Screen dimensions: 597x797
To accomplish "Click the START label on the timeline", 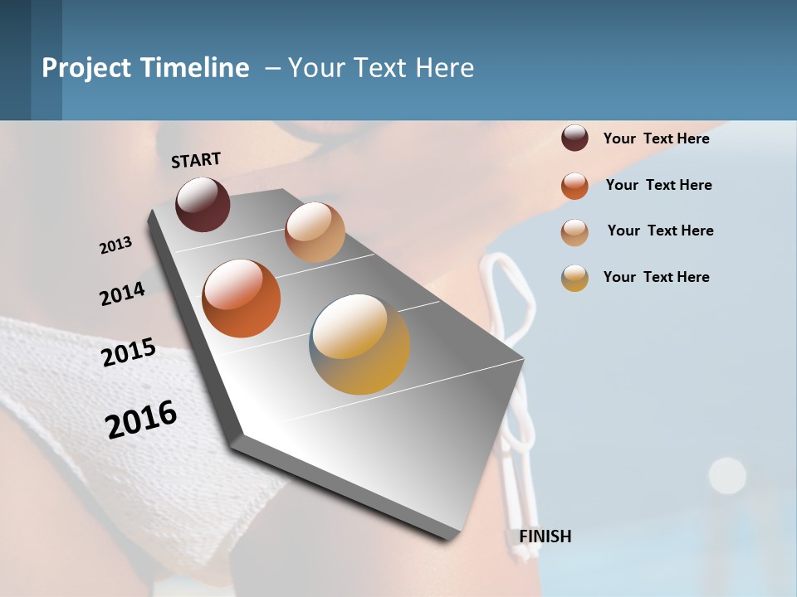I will (196, 160).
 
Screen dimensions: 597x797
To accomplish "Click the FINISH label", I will (545, 536).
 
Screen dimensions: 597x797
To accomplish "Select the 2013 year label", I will (115, 245).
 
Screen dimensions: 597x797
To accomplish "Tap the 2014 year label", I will (122, 294).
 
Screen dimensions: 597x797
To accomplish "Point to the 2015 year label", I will (129, 352).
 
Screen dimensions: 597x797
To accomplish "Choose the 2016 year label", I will (141, 420).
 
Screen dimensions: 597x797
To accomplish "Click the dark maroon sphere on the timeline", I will (203, 204).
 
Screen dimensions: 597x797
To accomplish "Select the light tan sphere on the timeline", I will (315, 232).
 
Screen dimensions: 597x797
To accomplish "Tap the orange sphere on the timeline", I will (241, 298).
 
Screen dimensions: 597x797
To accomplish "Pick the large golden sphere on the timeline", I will (359, 344).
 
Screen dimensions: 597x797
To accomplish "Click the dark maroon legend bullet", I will (575, 138).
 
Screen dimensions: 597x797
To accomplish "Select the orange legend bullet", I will (575, 186).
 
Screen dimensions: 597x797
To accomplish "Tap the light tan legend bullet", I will (575, 232).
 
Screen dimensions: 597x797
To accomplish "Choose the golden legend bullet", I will (575, 278).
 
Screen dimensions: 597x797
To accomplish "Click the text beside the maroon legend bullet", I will (656, 138).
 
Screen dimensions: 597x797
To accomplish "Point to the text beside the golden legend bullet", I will (656, 277).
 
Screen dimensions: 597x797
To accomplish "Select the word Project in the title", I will (87, 68).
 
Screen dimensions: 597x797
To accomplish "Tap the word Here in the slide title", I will (444, 68).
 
